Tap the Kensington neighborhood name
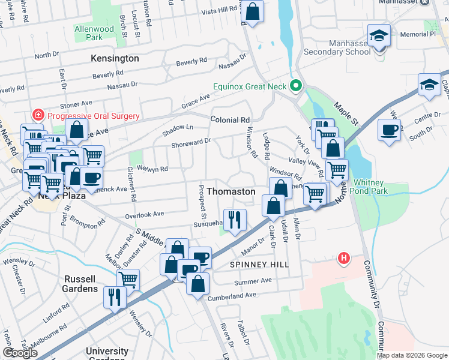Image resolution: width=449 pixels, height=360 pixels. pos(115,59)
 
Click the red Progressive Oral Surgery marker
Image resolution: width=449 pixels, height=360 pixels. pos(38,115)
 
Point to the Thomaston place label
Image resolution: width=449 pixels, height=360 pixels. pos(231,191)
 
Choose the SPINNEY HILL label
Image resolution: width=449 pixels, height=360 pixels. pos(259,265)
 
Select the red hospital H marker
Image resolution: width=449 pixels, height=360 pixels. pos(343,259)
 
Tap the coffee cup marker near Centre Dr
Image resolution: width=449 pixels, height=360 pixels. pos(390,130)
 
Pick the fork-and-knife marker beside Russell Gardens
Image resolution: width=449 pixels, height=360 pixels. pos(115,296)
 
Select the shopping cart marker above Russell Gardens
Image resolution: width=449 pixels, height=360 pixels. pos(128,279)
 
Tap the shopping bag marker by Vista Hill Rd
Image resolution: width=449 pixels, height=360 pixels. pos(253,11)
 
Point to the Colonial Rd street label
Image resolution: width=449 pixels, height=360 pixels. pos(230,120)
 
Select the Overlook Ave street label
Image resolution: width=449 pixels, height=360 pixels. pos(145,214)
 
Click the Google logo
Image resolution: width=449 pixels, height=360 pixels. pos(20,352)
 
